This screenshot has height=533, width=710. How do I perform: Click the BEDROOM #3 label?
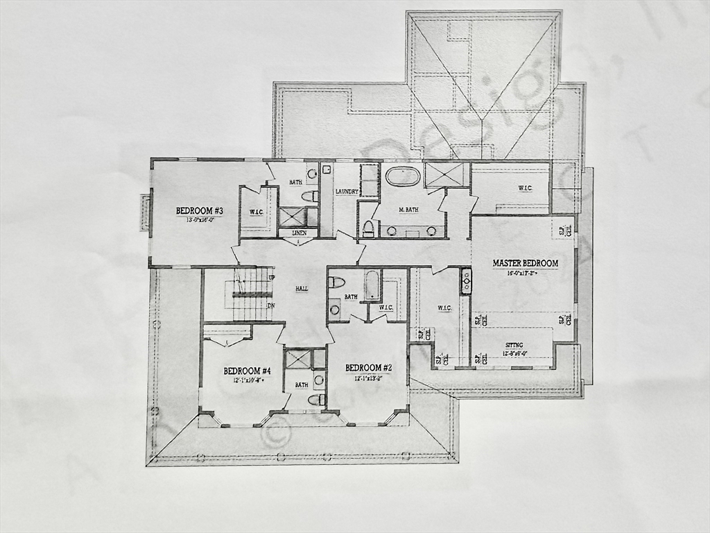click(199, 211)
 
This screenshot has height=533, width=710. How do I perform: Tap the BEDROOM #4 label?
click(247, 371)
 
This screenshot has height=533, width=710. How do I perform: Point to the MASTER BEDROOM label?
click(525, 263)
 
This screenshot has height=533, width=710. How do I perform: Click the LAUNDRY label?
click(347, 192)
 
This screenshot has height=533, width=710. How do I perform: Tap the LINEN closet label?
click(300, 233)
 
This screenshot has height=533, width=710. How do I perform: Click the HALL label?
click(302, 288)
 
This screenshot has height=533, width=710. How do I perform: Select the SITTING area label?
click(514, 345)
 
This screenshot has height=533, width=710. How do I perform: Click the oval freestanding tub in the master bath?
click(403, 176)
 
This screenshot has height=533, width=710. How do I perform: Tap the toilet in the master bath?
click(368, 228)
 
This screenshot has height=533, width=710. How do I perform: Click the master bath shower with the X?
click(447, 174)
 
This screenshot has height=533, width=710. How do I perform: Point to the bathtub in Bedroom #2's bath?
click(372, 285)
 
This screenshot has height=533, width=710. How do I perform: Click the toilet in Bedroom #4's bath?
click(316, 400)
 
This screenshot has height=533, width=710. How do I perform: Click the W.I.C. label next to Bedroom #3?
click(256, 212)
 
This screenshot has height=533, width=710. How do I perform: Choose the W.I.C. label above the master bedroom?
click(524, 187)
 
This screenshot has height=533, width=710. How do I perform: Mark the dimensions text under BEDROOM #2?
click(368, 378)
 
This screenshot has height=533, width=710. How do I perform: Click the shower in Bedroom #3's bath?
click(292, 216)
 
